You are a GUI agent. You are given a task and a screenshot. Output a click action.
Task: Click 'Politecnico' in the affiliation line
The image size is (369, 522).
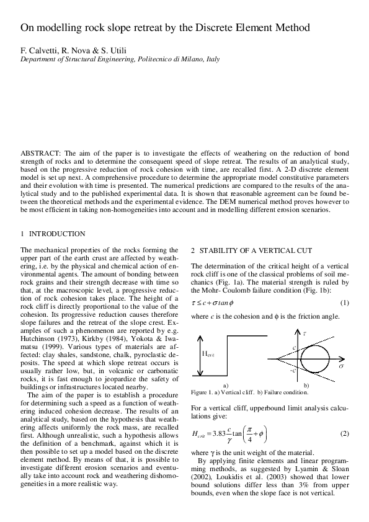coord(138,60)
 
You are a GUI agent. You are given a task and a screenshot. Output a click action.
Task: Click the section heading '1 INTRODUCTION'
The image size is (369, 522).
coord(53,234)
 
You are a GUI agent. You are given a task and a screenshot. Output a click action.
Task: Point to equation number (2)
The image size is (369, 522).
coord(345,431)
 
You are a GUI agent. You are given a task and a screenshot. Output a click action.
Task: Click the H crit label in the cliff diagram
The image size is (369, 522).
coord(210,354)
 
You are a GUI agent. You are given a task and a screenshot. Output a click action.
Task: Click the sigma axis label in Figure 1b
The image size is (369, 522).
coord(341,367)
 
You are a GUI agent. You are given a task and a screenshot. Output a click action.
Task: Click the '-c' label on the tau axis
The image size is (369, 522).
coord(292,370)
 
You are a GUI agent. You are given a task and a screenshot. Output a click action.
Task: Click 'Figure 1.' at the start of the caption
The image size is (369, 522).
coord(203,392)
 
